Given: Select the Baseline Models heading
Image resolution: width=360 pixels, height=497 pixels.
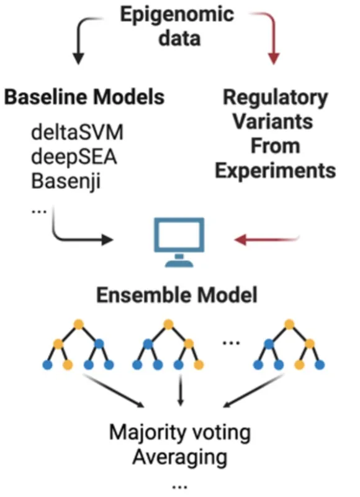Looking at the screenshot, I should (x=85, y=97).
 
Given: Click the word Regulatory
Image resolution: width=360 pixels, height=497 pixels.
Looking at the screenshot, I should (x=274, y=98).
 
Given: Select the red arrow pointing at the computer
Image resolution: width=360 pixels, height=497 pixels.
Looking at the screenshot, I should (x=267, y=238).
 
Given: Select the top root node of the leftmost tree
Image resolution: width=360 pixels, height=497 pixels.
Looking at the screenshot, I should (x=78, y=324).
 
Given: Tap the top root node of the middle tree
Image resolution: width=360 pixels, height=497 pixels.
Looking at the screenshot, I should (x=168, y=324).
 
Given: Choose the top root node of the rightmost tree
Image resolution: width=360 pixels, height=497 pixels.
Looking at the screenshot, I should (x=287, y=324).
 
